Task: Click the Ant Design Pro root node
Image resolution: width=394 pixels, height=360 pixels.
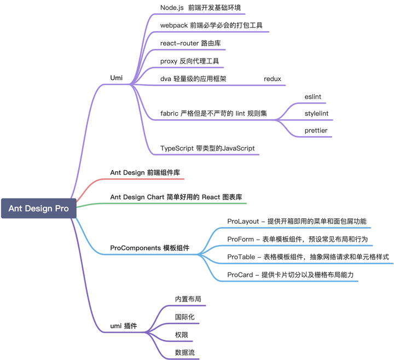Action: [38, 208]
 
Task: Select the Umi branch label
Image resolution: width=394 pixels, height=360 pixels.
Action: [116, 78]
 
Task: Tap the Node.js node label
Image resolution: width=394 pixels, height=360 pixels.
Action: [200, 8]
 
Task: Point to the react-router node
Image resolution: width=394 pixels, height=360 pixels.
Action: [190, 43]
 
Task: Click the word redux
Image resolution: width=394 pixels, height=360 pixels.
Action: [272, 79]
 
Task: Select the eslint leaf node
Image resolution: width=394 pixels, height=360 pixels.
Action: [312, 97]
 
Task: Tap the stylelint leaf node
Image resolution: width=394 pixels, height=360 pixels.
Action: [316, 114]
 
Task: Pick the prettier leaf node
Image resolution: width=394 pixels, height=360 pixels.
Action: [316, 131]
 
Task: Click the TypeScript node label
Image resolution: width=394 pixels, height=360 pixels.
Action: [207, 148]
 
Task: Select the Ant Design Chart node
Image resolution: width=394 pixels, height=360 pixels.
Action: [176, 197]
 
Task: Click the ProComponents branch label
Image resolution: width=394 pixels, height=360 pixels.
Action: [149, 248]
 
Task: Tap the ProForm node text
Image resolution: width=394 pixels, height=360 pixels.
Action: [297, 239]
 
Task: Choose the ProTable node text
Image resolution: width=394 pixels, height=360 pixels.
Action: [308, 257]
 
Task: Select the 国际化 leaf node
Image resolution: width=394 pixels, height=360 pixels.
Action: [184, 317]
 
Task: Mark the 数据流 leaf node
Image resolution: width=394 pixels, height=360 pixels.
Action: [184, 352]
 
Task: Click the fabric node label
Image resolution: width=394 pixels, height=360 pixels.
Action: [213, 114]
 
